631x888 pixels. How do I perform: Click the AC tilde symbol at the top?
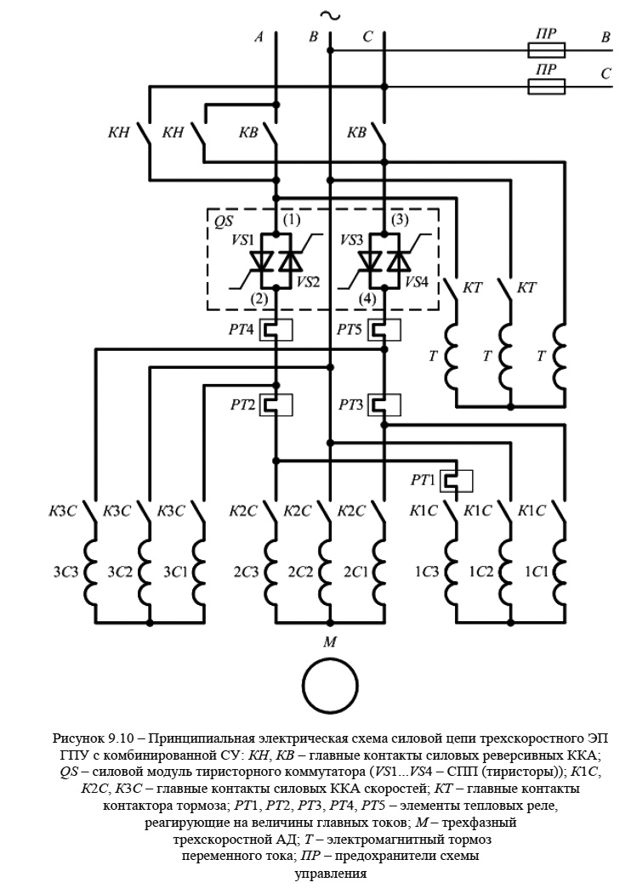(327, 15)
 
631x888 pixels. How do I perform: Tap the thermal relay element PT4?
(277, 329)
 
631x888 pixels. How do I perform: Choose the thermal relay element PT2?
(277, 404)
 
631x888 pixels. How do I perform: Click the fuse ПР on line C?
(546, 86)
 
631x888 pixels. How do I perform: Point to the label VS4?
(417, 281)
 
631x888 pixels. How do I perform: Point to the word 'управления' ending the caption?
(330, 873)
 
